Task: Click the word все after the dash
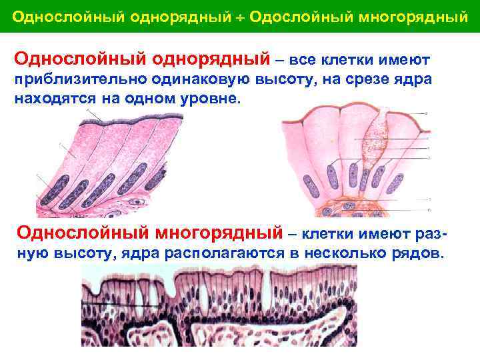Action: [305, 61]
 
